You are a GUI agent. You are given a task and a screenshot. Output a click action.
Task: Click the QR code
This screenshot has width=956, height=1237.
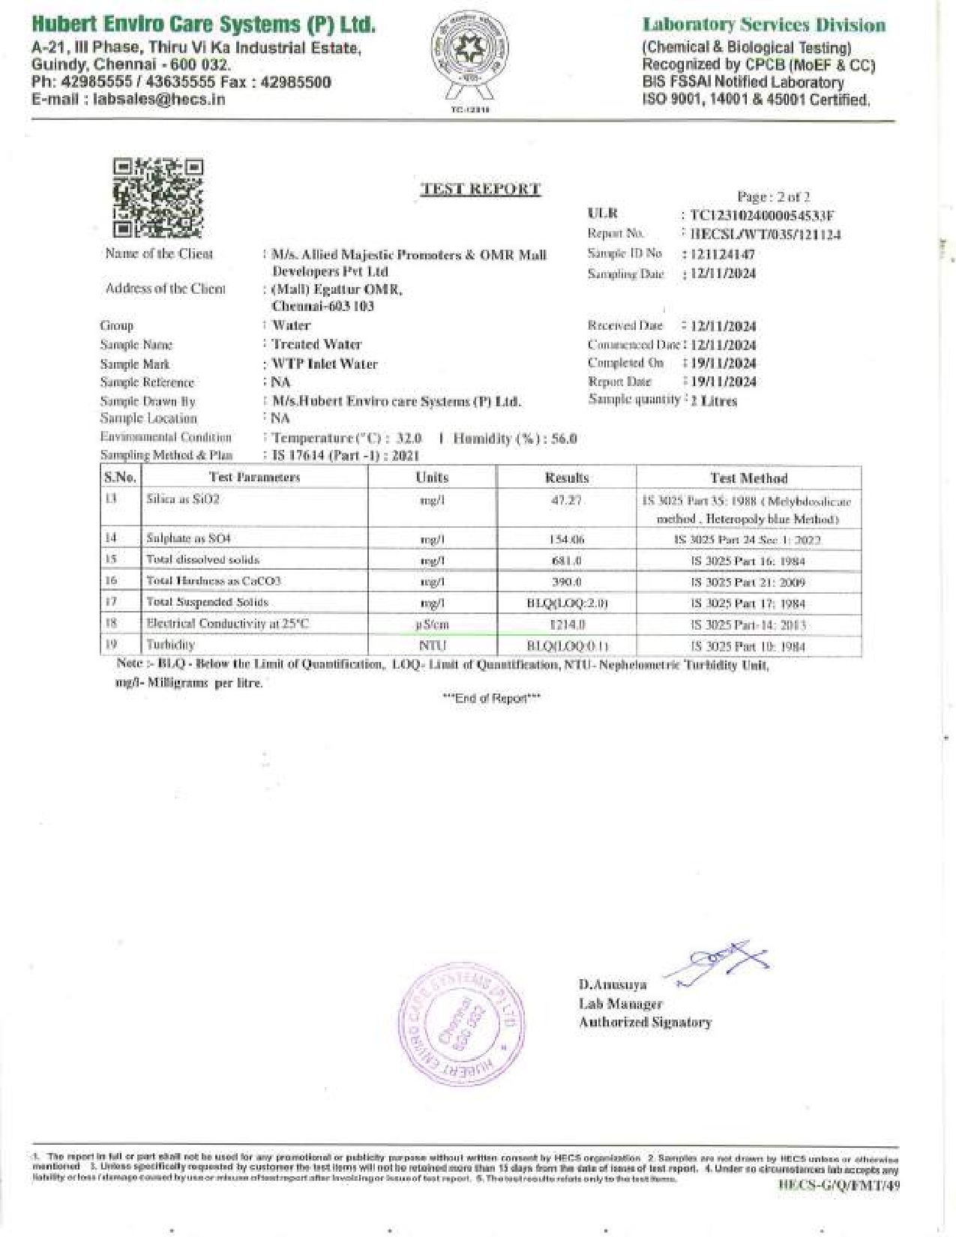pyautogui.click(x=158, y=198)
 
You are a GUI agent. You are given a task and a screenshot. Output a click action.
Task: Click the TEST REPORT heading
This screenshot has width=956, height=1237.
pyautogui.click(x=480, y=189)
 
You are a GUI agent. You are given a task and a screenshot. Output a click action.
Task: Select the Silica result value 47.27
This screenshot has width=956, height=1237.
pyautogui.click(x=566, y=500)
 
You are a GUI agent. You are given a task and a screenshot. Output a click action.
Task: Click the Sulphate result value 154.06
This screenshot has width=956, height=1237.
pyautogui.click(x=566, y=539)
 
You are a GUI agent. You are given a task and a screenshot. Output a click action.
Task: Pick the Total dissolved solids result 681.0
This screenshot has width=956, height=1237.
pyautogui.click(x=566, y=560)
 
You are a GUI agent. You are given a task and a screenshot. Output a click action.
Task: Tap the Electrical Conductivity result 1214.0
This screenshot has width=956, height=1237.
pyautogui.click(x=567, y=624)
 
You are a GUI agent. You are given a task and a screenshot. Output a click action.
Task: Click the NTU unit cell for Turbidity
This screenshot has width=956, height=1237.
pyautogui.click(x=432, y=645)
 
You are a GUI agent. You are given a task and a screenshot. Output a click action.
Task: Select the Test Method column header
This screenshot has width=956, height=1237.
pyautogui.click(x=748, y=478)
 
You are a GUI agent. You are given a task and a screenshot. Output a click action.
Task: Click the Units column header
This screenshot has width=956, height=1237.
pyautogui.click(x=432, y=478)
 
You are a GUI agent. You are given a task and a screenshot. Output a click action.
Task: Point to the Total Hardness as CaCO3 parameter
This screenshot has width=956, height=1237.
pyautogui.click(x=214, y=581)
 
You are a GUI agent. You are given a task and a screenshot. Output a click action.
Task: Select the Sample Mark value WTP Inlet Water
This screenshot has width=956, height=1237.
pyautogui.click(x=325, y=364)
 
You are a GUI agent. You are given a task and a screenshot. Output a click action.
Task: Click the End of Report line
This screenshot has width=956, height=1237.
pyautogui.click(x=491, y=698)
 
